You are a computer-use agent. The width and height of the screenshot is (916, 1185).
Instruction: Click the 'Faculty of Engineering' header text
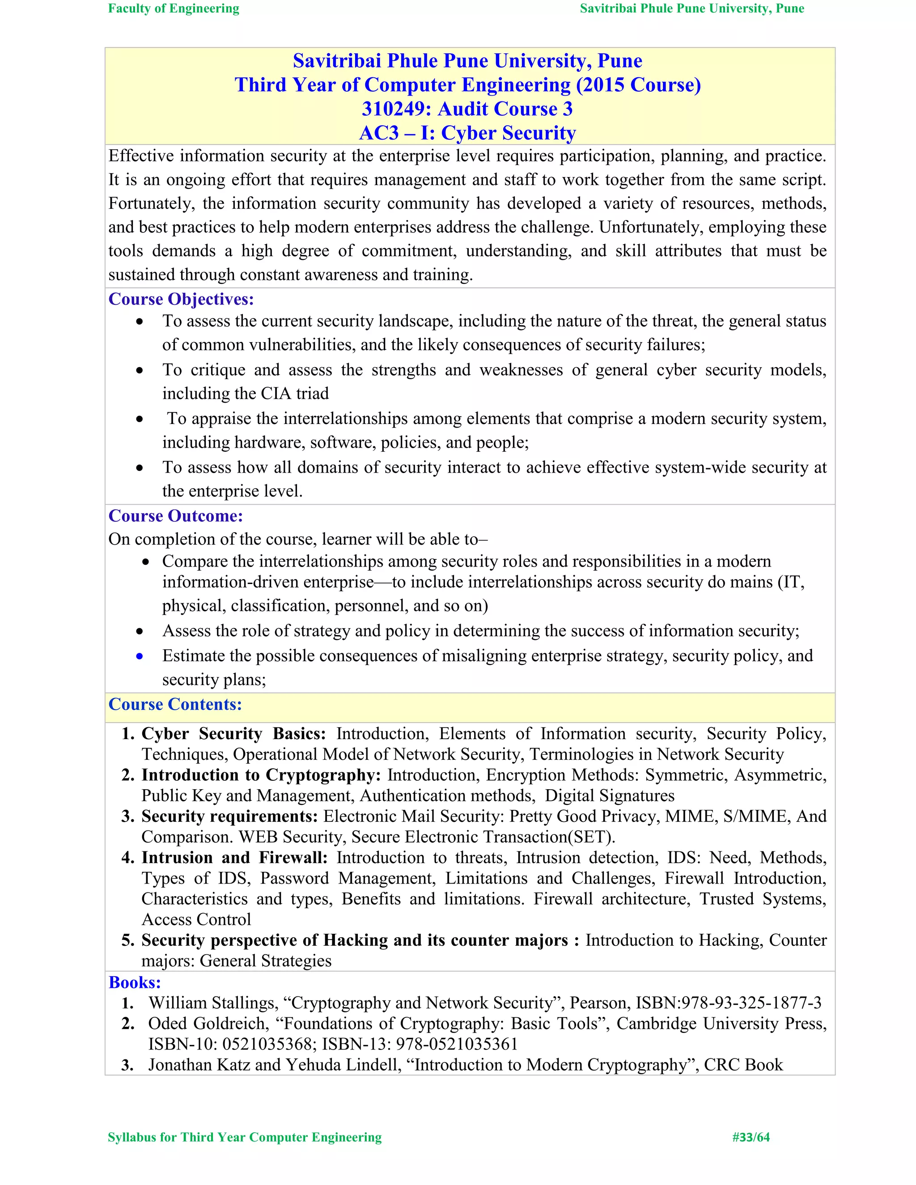point(174,8)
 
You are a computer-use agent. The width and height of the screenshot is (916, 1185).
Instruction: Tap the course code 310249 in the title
point(395,109)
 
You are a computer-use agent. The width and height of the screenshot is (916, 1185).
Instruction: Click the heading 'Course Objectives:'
point(181,299)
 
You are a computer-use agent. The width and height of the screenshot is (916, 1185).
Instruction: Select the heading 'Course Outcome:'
point(175,516)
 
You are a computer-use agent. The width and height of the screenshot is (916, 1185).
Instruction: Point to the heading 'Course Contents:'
point(175,704)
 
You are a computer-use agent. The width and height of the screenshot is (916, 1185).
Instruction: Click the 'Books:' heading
point(135,982)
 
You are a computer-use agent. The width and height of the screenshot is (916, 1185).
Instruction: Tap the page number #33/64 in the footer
point(751,1137)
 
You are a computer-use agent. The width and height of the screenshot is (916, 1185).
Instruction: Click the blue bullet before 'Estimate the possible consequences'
point(140,656)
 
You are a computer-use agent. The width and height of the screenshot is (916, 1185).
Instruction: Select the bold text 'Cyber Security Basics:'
point(233,733)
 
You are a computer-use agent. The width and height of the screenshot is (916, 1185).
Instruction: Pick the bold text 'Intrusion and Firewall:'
point(234,857)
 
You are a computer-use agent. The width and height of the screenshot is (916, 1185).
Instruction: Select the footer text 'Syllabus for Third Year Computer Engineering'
point(245,1137)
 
